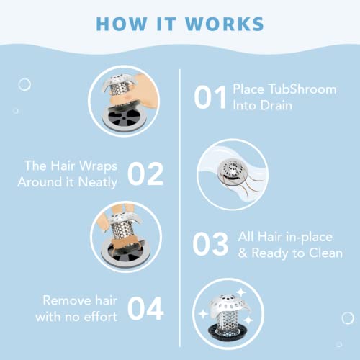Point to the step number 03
212,244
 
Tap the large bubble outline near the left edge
24,85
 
